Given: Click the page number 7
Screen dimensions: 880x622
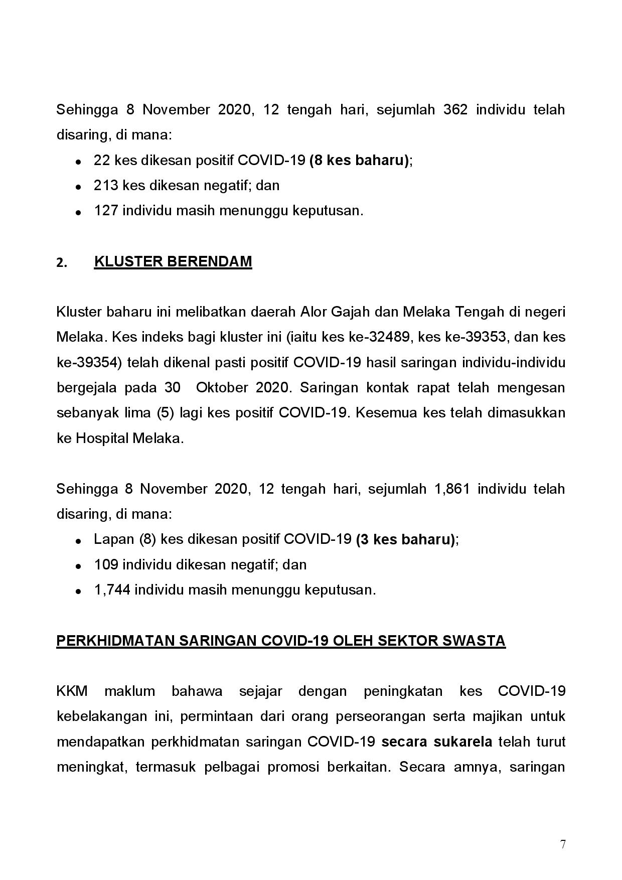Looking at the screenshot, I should [x=563, y=844].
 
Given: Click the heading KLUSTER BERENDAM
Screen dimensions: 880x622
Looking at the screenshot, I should [x=173, y=261].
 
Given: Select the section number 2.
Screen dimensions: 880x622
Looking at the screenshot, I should [x=61, y=262].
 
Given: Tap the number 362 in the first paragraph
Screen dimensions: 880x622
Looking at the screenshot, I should [x=455, y=110].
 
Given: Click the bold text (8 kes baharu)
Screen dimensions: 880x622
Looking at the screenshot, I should [x=360, y=161].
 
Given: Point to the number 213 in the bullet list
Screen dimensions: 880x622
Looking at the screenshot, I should [x=106, y=186].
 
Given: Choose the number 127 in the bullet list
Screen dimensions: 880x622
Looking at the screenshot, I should [x=106, y=211].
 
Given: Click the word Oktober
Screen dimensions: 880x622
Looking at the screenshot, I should [x=222, y=388].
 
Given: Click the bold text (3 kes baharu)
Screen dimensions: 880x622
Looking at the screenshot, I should [x=406, y=540].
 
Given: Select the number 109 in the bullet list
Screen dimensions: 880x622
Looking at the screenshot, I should [x=106, y=565].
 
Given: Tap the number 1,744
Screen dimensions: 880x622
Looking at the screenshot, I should [x=112, y=590].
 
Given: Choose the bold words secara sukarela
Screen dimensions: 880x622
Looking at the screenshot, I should [x=437, y=742].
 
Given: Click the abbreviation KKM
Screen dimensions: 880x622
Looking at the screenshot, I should [x=72, y=691].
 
